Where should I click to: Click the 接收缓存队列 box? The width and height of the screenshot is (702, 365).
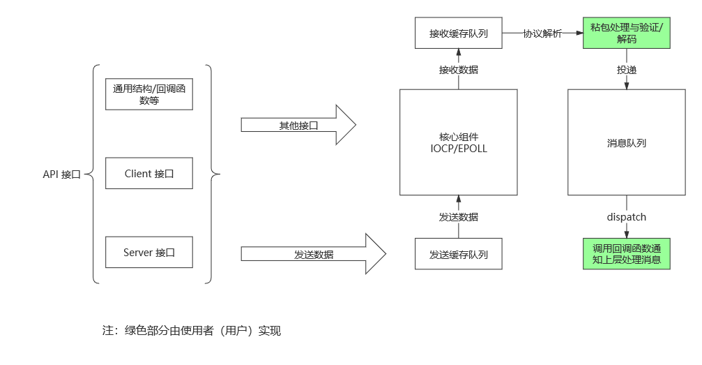[x=458, y=33]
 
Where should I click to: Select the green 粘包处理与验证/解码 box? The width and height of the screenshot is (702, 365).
[x=626, y=33]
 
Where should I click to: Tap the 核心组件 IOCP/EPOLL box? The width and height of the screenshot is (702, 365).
[x=458, y=142]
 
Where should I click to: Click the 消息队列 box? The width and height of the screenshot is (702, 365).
[x=626, y=142]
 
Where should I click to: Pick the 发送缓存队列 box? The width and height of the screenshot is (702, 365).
[x=458, y=255]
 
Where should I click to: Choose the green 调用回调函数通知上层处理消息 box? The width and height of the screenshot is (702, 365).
[x=626, y=254]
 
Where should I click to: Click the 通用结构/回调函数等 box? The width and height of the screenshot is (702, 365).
[x=148, y=94]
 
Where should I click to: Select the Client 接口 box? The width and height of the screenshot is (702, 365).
[x=148, y=173]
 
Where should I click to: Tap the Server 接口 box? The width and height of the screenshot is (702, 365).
[x=148, y=252]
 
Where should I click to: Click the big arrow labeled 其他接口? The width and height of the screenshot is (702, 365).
[x=298, y=125]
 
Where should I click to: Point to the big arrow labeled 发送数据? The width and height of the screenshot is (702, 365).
[x=313, y=254]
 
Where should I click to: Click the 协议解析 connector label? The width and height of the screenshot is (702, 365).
[x=542, y=33]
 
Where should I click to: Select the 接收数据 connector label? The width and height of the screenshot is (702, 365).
[x=458, y=69]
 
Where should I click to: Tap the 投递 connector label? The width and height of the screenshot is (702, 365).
[x=626, y=69]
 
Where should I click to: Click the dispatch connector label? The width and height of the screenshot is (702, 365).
[x=626, y=217]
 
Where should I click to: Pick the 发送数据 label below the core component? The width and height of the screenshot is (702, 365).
[x=458, y=217]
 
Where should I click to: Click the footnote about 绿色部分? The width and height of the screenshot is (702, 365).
[x=191, y=331]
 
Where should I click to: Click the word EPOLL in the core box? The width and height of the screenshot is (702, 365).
[x=473, y=148]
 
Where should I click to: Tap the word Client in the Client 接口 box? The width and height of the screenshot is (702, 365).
[x=138, y=173]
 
